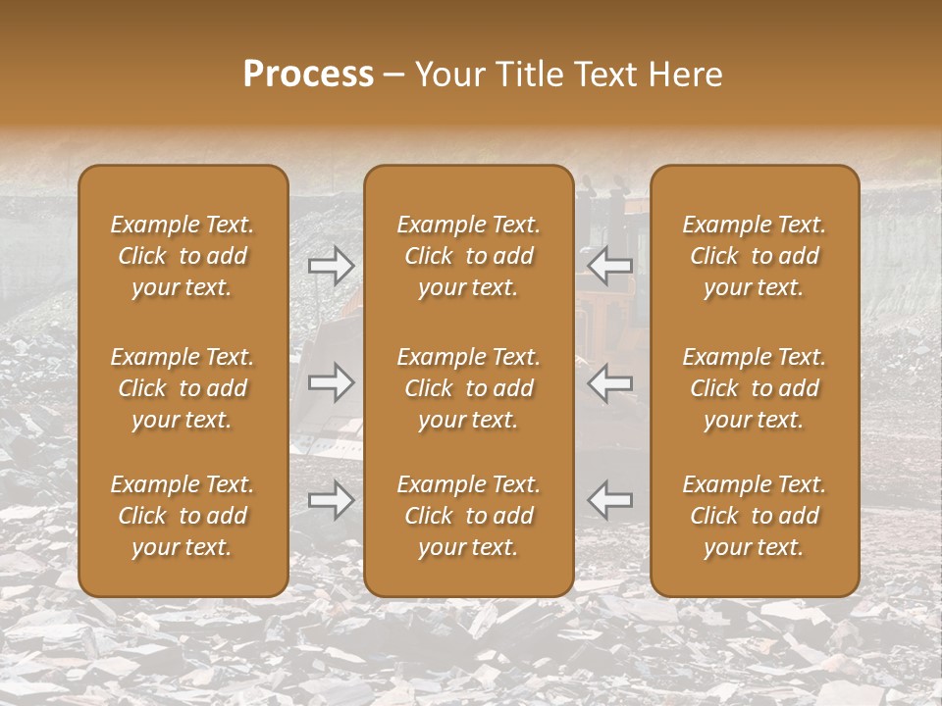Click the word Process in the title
(x=308, y=75)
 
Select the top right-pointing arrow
(x=332, y=265)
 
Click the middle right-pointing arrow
(x=332, y=382)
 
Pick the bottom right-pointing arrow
(x=332, y=500)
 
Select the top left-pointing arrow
(x=610, y=265)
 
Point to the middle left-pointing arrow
(x=610, y=382)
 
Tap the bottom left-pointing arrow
(x=610, y=500)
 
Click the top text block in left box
(x=183, y=256)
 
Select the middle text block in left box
(x=183, y=388)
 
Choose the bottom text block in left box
(x=183, y=516)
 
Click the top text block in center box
(x=468, y=256)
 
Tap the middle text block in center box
(x=468, y=388)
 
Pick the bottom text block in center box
(x=468, y=516)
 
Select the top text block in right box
(x=754, y=256)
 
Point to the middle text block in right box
(x=754, y=388)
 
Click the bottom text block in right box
(x=754, y=516)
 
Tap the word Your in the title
(x=448, y=75)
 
